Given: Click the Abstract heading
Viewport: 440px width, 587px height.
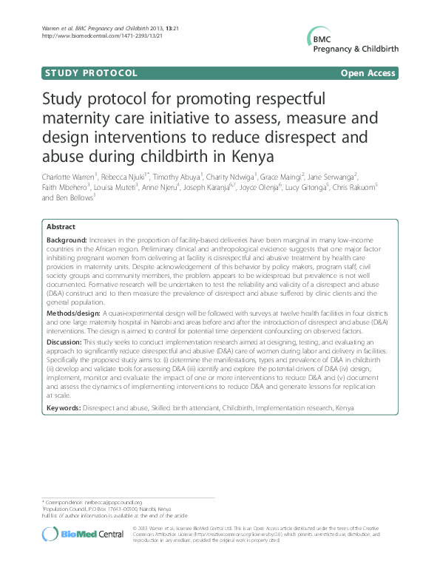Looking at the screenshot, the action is pyautogui.click(x=61, y=227).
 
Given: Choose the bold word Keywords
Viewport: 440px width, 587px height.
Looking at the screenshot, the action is pyautogui.click(x=63, y=407).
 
